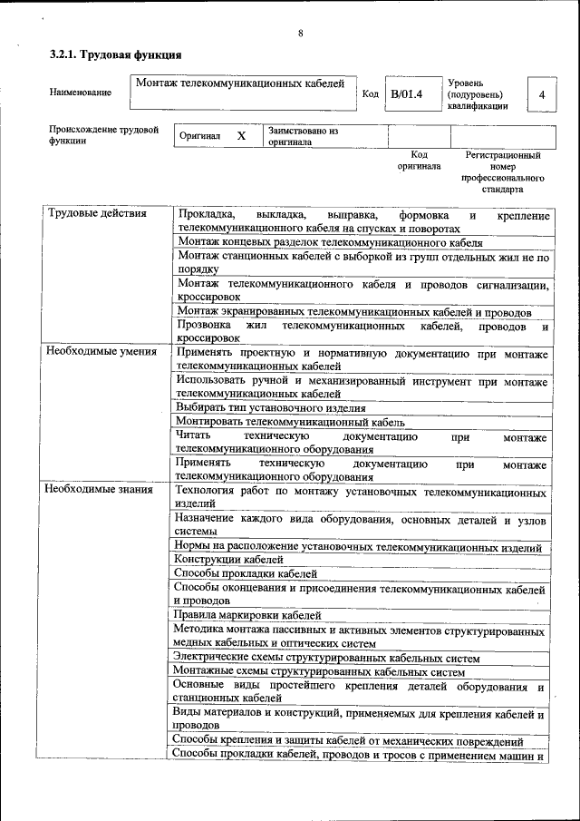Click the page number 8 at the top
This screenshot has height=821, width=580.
300,34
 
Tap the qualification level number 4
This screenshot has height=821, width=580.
541,94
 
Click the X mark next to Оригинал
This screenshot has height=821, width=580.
241,135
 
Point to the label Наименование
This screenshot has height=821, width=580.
81,93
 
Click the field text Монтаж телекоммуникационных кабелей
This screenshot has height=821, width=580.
240,83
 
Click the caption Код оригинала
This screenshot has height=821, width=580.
418,161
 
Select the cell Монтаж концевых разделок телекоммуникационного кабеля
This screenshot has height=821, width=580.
330,242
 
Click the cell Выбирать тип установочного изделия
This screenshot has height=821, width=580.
271,408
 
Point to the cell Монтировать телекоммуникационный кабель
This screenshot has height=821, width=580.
290,422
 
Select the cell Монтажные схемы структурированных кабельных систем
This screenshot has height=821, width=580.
318,671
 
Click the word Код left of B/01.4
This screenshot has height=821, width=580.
371,93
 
